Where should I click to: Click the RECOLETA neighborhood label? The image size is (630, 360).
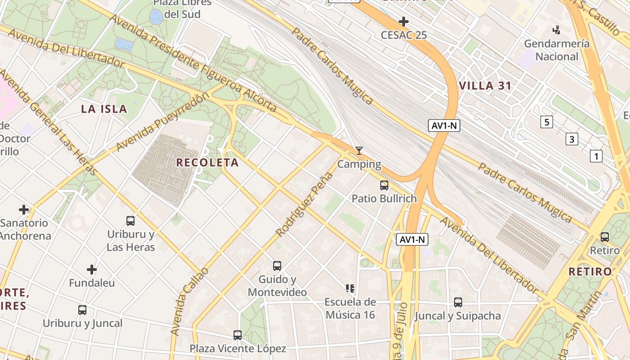207,162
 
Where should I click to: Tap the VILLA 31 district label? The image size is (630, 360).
485,86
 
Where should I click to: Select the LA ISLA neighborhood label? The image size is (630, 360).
104,108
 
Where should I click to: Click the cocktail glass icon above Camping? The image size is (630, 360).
359,151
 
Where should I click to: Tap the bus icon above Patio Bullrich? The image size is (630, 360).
384,185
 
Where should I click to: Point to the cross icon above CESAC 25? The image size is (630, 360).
404,21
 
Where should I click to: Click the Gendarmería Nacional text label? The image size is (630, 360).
557,50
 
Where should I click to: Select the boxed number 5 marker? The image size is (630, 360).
546,122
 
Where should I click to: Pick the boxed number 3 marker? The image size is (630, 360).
571,139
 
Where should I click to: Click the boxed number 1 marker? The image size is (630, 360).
596,156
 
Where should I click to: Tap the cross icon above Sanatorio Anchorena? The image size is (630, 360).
24,210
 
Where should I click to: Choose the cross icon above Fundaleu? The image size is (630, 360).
92,270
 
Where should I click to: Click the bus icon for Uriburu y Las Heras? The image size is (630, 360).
130,221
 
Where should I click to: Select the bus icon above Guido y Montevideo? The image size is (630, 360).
277,266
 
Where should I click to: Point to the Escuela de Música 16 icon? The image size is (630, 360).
350,288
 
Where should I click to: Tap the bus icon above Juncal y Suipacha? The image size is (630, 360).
458,302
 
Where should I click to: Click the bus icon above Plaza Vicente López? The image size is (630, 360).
237,335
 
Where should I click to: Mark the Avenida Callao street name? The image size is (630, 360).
189,301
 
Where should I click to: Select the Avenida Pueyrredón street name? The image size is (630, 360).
163,121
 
